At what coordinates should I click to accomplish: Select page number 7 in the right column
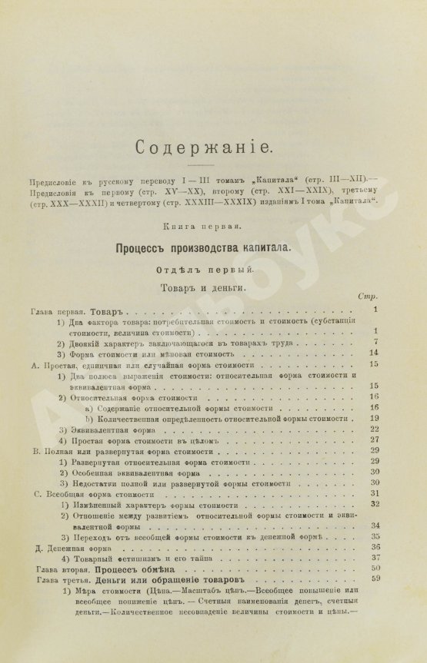[373, 342]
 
